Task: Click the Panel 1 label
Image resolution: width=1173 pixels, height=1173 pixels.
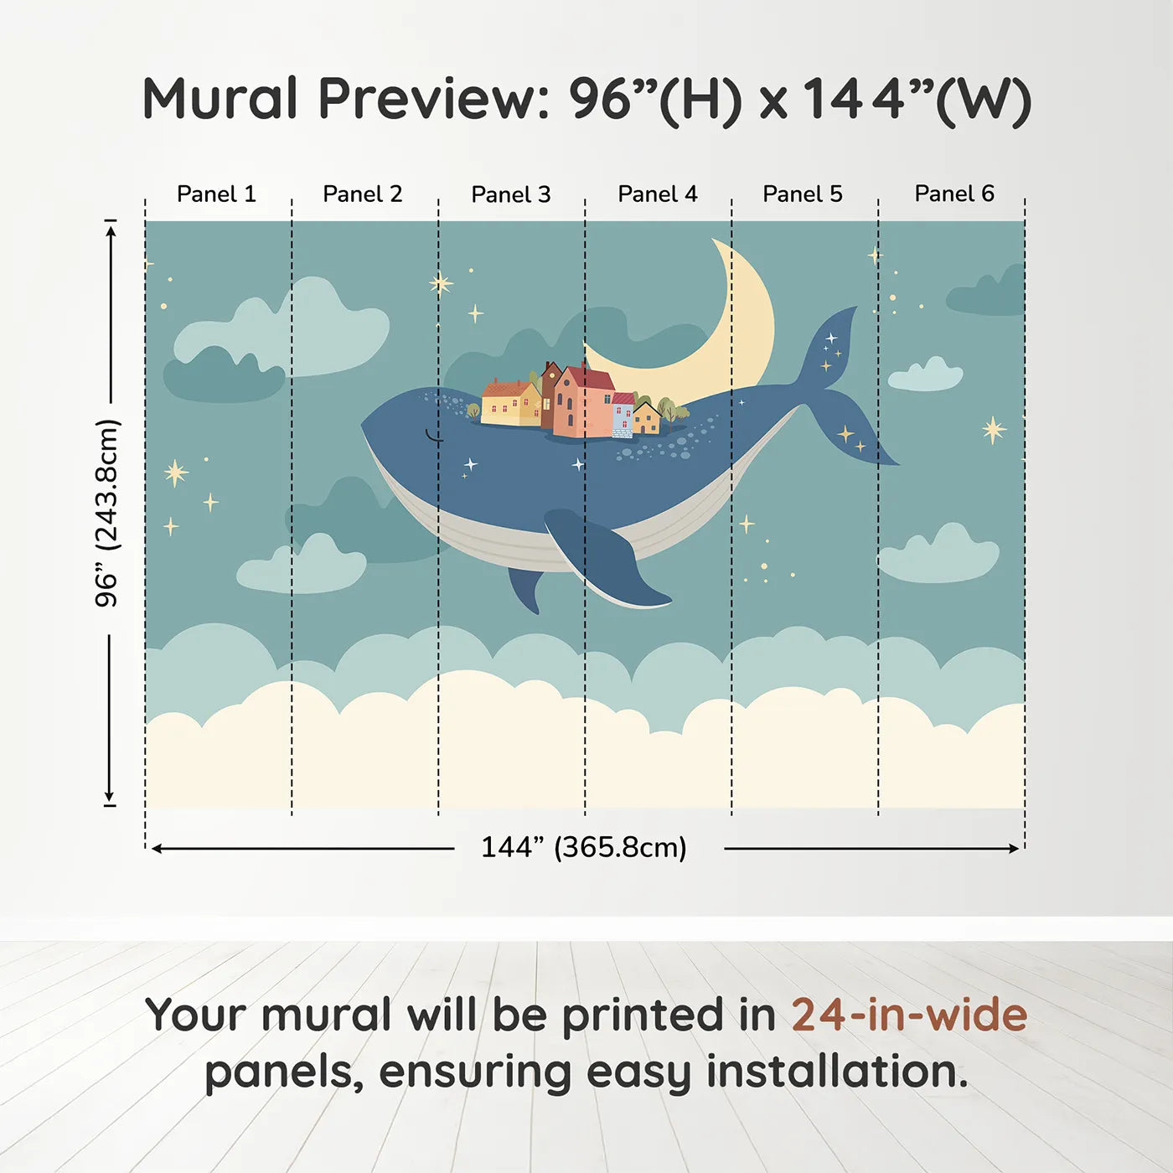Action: (216, 194)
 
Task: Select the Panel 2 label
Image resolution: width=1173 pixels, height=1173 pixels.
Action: (362, 194)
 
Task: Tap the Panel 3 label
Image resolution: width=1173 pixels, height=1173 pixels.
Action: (510, 194)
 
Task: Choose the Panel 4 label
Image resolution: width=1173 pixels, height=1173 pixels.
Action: (657, 194)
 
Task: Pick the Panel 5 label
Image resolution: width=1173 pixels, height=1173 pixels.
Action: (802, 194)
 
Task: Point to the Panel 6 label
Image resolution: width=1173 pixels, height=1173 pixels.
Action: (953, 194)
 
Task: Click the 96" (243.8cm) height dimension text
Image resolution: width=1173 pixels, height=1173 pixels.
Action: (107, 513)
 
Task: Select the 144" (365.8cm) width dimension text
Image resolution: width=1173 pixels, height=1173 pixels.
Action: (583, 847)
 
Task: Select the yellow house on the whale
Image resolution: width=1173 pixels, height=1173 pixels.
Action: (509, 404)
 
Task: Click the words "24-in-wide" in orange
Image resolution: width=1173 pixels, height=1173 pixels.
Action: (909, 1015)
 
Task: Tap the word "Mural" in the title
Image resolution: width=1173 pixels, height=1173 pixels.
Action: (220, 99)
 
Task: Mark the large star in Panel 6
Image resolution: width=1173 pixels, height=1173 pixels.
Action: (994, 430)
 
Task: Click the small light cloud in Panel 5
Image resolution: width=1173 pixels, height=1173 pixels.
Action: (926, 375)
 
